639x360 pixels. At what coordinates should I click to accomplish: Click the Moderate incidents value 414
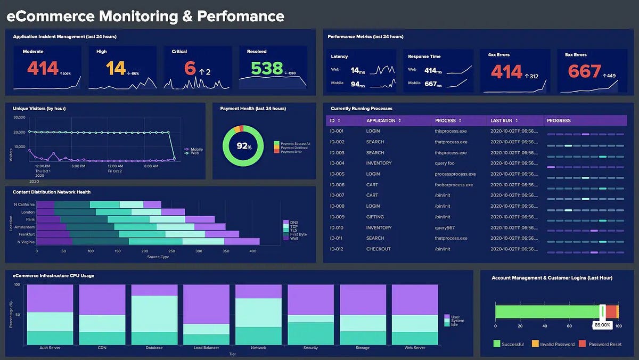coord(43,68)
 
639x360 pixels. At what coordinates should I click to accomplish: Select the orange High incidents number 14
coord(116,68)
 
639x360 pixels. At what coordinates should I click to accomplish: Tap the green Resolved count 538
coord(267,68)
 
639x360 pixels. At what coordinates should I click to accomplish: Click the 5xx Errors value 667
coord(584,71)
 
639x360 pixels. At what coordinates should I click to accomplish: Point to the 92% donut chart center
coord(244,145)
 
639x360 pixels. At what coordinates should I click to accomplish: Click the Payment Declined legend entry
coord(295,148)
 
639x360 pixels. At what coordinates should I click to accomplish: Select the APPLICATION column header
coord(381,121)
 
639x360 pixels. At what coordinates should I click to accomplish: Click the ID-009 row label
coord(337,217)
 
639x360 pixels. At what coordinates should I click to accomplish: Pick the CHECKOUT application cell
coord(378,249)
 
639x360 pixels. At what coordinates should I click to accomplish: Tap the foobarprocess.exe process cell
coord(454,185)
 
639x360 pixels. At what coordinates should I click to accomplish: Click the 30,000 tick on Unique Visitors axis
coord(19,117)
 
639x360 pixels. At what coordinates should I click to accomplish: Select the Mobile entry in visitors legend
coord(195,150)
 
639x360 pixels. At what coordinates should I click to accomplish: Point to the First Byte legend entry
coord(298,234)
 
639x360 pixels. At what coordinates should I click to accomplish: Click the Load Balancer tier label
coord(207,348)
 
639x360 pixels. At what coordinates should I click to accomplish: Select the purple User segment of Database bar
coord(154,290)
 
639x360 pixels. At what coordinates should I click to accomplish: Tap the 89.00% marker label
coord(602,324)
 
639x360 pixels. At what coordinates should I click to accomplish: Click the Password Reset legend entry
coord(605,344)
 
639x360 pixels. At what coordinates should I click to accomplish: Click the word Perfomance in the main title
coord(241,17)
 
